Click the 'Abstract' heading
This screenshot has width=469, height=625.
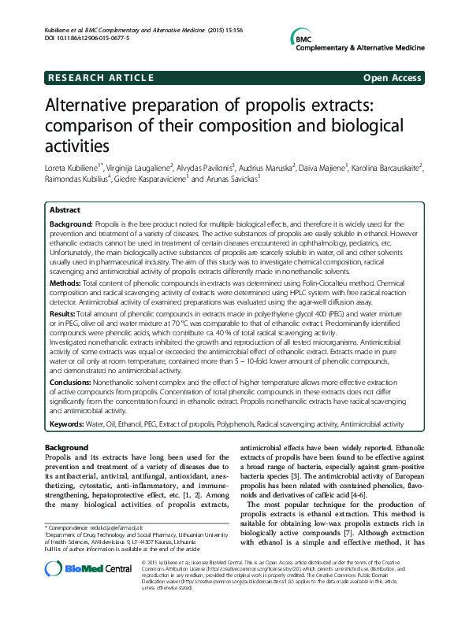point(65,211)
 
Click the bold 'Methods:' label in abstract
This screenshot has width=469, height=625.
point(65,281)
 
